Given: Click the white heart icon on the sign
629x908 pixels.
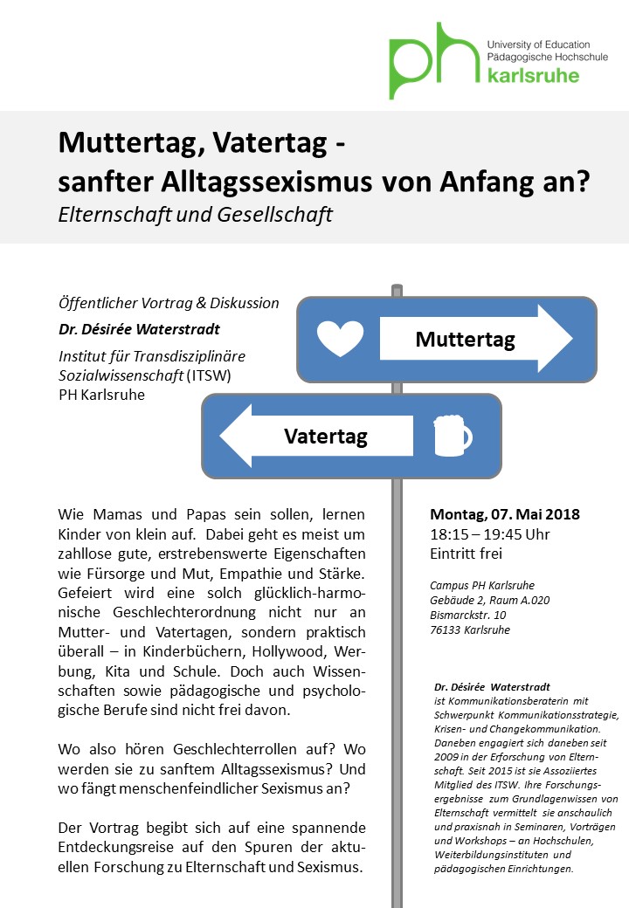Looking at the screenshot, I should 339,338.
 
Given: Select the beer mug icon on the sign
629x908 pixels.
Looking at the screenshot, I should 452,435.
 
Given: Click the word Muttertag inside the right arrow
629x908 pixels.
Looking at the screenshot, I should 465,339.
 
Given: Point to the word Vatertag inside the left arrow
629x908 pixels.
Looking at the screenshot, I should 325,435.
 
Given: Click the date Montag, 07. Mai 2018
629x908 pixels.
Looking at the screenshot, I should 505,514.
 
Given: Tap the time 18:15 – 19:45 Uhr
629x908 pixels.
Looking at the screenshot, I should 489,533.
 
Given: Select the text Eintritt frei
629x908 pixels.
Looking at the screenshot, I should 466,553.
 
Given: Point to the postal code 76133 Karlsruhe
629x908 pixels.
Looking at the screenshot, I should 470,629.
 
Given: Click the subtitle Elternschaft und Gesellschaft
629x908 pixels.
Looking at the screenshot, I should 196,214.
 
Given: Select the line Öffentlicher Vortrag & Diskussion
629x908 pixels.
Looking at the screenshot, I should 169,303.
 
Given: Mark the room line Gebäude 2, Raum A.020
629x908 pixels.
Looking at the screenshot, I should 489,600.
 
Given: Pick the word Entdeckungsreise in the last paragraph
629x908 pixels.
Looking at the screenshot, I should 115,846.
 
